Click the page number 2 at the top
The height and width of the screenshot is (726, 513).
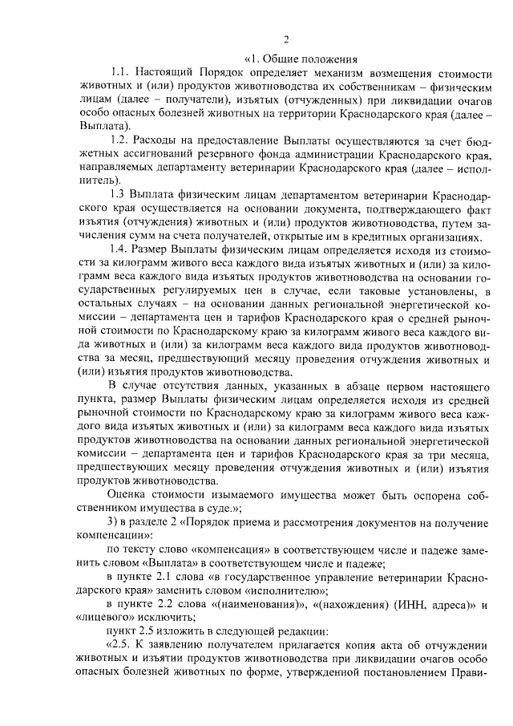click(x=285, y=40)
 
